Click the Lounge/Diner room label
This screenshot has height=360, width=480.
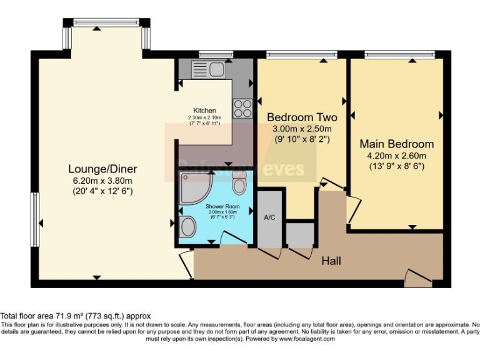click(103, 169)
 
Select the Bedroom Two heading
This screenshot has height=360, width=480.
click(302, 117)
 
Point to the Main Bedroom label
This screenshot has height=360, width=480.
click(396, 144)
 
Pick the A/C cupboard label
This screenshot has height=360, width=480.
click(269, 217)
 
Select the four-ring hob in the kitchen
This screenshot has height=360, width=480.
click(242, 109)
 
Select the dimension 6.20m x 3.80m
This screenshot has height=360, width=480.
click(103, 180)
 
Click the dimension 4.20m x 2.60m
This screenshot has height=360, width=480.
click(396, 156)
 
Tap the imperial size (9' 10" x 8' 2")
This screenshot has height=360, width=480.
click(302, 139)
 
